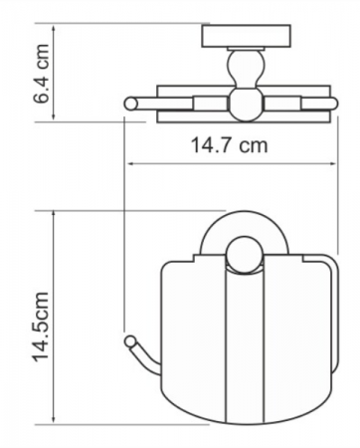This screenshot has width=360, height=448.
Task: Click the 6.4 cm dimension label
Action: (42, 74)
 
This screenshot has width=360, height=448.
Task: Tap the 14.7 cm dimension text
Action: (229, 145)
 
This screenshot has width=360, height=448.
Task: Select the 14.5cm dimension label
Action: (41, 327)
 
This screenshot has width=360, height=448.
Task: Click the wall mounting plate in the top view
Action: (246, 36)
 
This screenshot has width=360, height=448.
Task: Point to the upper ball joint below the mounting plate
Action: (246, 68)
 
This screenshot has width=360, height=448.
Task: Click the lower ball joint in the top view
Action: (246, 104)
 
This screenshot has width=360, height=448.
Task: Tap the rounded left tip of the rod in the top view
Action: (130, 104)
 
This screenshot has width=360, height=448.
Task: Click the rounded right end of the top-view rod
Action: (333, 104)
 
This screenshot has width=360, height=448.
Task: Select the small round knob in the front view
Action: (245, 255)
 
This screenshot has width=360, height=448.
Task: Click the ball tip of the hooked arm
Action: (130, 341)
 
